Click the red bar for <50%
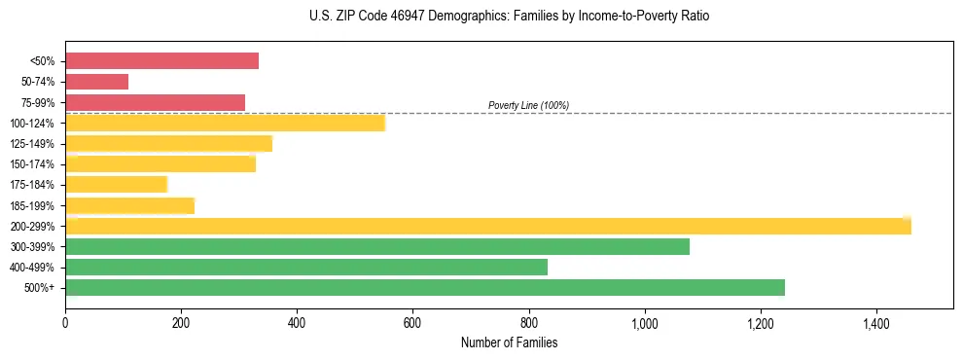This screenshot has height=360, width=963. tap(161, 61)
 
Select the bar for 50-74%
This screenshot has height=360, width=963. tap(96, 82)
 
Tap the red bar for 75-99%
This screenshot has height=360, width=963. tap(155, 102)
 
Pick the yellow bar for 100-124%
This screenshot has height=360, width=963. tap(225, 123)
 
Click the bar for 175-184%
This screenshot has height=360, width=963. tap(116, 184)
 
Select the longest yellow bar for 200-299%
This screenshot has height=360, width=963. tap(487, 226)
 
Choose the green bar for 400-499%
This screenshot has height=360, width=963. tap(305, 267)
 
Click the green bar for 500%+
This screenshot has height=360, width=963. tap(424, 287)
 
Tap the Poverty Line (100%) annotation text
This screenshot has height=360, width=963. tap(528, 105)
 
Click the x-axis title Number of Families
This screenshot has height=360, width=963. tap(509, 342)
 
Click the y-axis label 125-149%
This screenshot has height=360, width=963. tap(33, 144)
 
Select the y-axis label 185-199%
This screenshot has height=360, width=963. tap(33, 205)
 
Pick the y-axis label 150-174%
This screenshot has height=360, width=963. tap(33, 164)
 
